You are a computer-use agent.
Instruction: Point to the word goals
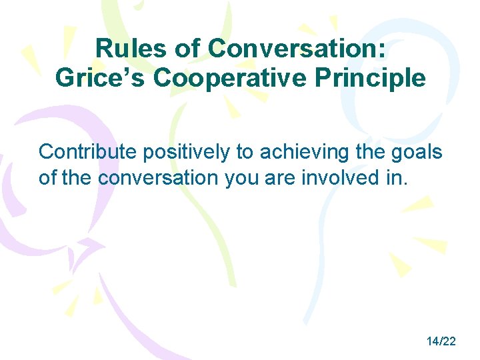418,152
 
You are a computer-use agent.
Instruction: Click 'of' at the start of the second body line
48,178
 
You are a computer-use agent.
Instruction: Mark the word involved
337,178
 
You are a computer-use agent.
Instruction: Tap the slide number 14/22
441,341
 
